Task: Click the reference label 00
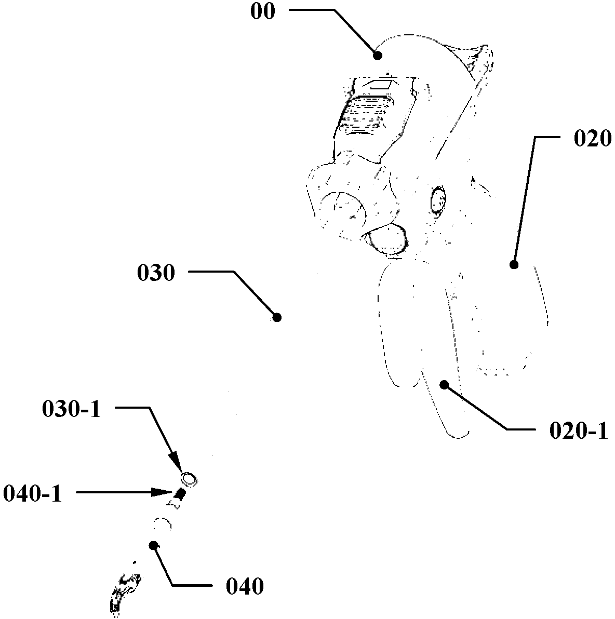[262, 11]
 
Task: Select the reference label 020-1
[578, 431]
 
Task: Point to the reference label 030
[156, 273]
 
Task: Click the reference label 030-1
[71, 410]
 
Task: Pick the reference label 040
[245, 587]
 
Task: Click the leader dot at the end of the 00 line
[378, 55]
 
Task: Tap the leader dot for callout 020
[514, 265]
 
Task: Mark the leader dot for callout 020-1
[444, 385]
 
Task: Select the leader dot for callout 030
[277, 317]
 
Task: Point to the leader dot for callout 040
[154, 545]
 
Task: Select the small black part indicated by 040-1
[180, 494]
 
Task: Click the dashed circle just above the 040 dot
[163, 525]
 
